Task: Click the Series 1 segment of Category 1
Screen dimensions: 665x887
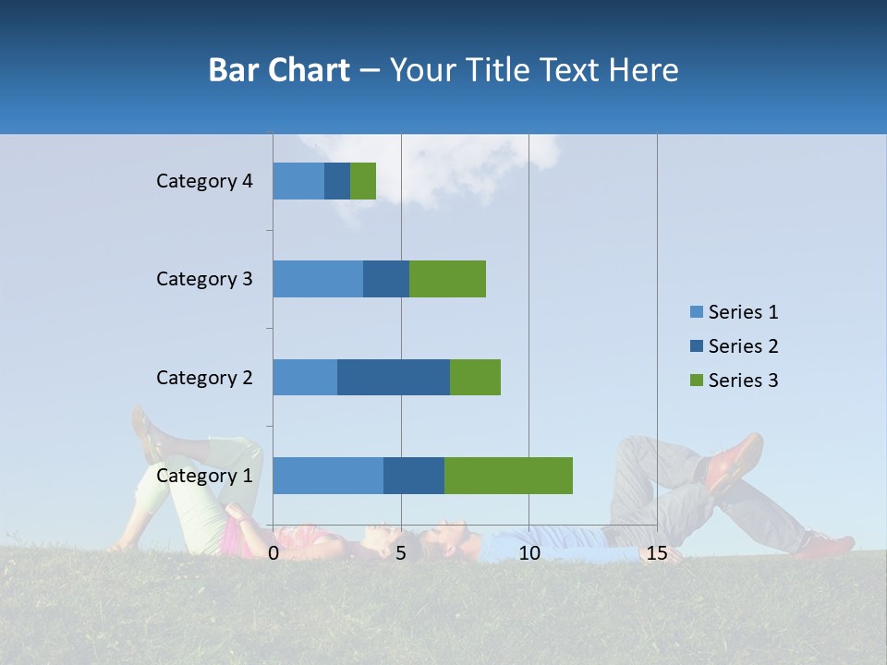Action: pos(328,476)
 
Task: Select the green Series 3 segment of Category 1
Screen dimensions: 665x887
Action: pos(508,476)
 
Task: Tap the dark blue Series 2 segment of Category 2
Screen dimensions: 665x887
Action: pos(394,377)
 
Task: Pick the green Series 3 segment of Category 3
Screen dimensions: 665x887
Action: pos(447,279)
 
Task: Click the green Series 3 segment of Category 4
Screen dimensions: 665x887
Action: pos(363,181)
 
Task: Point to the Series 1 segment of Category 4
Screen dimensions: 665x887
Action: pos(298,181)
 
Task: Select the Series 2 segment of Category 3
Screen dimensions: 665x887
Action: pos(386,279)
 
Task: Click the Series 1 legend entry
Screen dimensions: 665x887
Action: pos(735,312)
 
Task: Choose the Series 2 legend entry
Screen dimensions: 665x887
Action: pos(735,346)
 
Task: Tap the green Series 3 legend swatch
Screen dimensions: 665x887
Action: pos(697,381)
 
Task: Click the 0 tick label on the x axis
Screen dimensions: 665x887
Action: pos(273,553)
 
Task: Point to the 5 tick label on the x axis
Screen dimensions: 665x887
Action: pos(401,553)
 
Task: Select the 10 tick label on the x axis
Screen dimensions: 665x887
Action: pos(529,553)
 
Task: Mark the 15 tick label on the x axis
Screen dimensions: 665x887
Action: pos(657,553)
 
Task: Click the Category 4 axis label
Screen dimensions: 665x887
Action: pos(204,181)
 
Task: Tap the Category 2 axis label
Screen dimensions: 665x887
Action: pos(204,377)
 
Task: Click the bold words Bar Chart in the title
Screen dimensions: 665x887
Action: pos(279,70)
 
